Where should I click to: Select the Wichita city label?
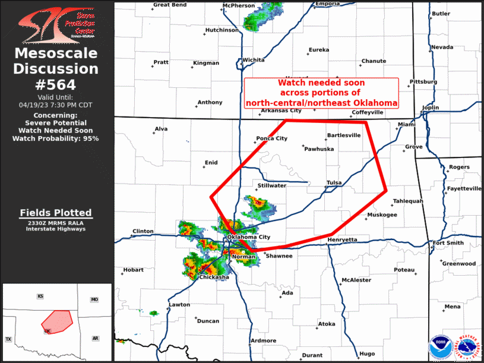coord(253,60)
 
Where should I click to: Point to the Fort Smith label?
coord(447,242)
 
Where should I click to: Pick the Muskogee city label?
coord(382,214)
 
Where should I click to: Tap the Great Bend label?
coord(170,4)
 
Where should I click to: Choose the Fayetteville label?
coord(464,188)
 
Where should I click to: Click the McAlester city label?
coord(356,280)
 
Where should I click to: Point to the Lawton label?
coord(179,305)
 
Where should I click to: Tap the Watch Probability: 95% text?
coord(56,138)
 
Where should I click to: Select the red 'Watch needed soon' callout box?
coord(321,93)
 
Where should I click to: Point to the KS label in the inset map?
coord(40,296)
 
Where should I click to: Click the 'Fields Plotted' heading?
coord(56,213)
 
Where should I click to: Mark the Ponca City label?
coord(271,138)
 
